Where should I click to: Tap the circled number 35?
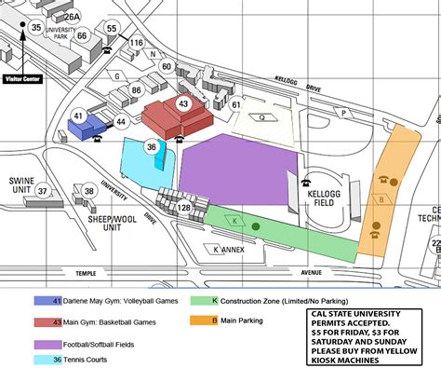[36, 27]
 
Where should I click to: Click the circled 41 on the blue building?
[78, 117]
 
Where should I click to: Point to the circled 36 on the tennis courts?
[152, 145]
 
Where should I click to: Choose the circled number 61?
[236, 105]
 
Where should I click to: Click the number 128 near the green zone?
[184, 207]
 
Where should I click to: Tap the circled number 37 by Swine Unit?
[43, 191]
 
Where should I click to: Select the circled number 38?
[88, 191]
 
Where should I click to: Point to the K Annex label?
[229, 250]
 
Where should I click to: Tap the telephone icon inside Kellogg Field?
[306, 183]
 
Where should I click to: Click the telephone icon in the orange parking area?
[381, 180]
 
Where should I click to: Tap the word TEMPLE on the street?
[86, 273]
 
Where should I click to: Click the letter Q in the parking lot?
[262, 117]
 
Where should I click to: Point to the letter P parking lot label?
[344, 113]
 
